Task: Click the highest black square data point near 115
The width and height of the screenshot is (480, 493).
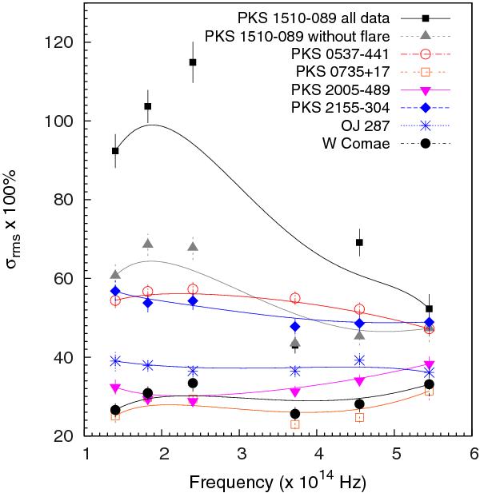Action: click(x=193, y=62)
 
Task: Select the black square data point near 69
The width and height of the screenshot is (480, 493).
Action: click(x=359, y=242)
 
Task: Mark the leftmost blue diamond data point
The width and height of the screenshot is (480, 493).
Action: click(x=115, y=291)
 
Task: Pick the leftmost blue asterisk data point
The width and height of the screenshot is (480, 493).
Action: click(x=115, y=361)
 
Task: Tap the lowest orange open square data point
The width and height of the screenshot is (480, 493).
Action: click(x=295, y=424)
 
